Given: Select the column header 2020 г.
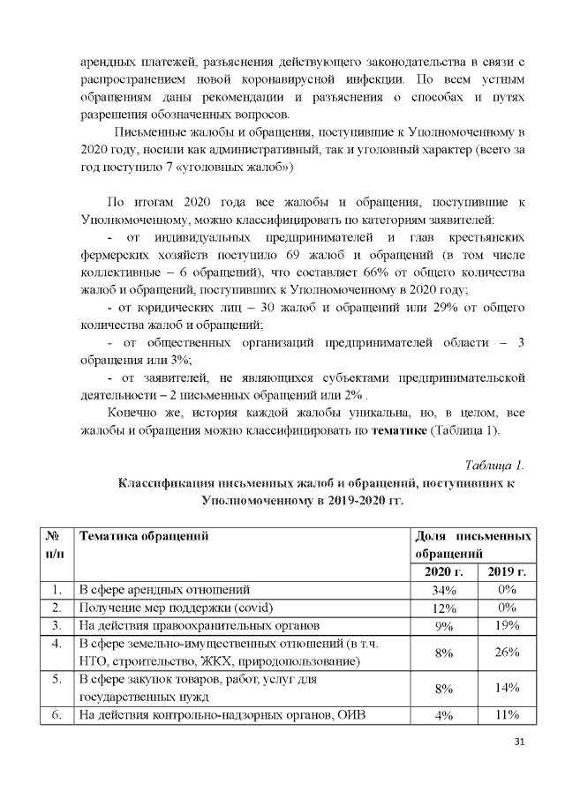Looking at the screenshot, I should tap(444, 571).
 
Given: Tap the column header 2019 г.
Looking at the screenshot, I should tap(507, 571).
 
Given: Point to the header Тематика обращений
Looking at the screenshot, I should tap(143, 536).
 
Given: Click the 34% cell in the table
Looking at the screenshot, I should tap(444, 590).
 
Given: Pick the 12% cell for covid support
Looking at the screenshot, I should tap(444, 608).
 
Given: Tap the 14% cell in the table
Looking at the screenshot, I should tap(507, 690).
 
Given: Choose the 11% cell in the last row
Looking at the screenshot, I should tap(507, 716).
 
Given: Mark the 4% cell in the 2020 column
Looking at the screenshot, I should tap(444, 716).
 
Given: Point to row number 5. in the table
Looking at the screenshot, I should tap(56, 680).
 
